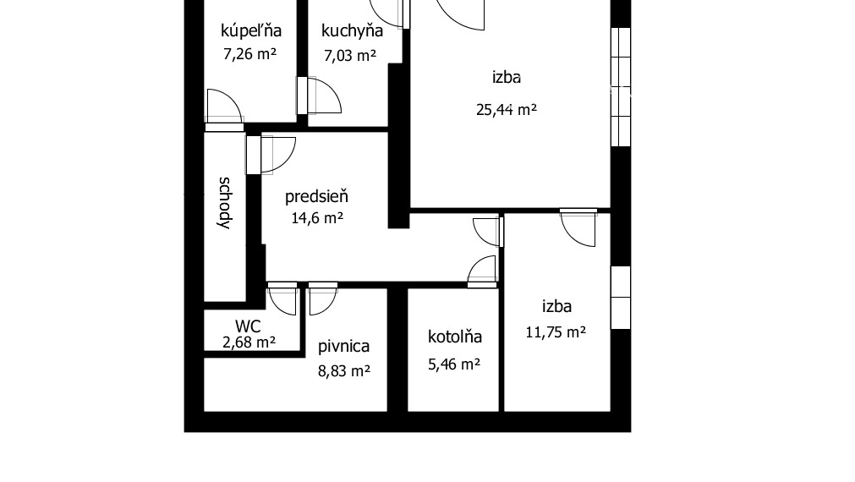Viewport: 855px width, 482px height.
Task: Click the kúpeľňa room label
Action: pyautogui.click(x=250, y=31)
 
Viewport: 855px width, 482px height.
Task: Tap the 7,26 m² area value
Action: pyautogui.click(x=250, y=55)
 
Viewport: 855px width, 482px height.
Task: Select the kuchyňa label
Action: pyautogui.click(x=352, y=31)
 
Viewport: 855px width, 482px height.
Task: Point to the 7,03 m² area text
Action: pyautogui.click(x=350, y=56)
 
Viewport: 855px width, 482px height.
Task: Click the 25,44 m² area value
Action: pyautogui.click(x=505, y=109)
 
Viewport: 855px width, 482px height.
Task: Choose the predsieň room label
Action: pyautogui.click(x=316, y=197)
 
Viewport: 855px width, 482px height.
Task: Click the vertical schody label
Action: pyautogui.click(x=225, y=203)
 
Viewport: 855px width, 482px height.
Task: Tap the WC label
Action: pyautogui.click(x=248, y=326)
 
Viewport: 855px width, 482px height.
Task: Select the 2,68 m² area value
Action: pyautogui.click(x=249, y=342)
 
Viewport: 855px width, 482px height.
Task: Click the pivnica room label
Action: pyautogui.click(x=343, y=346)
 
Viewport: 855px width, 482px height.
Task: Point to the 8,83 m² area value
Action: pyautogui.click(x=343, y=370)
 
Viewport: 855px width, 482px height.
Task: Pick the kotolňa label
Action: pyautogui.click(x=455, y=337)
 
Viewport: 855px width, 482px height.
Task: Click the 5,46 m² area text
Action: pyautogui.click(x=453, y=364)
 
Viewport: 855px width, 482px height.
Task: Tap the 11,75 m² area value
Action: pyautogui.click(x=556, y=332)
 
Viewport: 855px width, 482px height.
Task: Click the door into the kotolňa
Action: pyautogui.click(x=483, y=271)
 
